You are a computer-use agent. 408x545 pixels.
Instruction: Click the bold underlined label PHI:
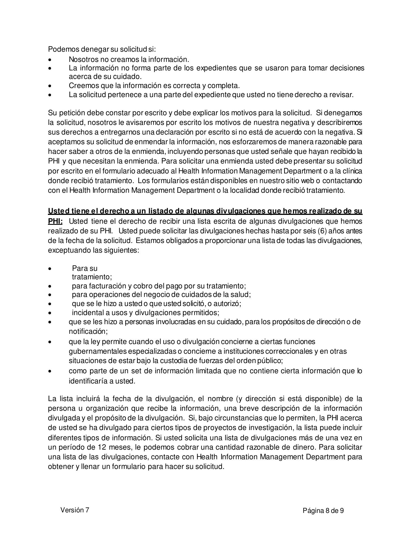click(55, 221)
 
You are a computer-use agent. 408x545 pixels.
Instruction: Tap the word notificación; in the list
click(88, 331)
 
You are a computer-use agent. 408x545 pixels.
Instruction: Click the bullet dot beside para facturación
click(50, 286)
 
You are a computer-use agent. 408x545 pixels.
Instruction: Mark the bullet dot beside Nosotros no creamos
click(50, 60)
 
